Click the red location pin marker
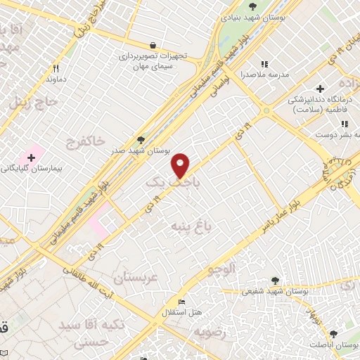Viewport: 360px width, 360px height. pos(181,165)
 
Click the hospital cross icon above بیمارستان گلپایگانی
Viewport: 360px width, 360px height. pos(31,156)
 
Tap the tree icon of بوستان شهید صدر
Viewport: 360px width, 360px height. pos(141,139)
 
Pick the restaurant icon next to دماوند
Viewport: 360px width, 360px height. pos(55,69)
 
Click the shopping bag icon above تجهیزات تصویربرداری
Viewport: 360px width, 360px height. pos(153,43)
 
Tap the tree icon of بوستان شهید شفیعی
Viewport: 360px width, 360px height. pos(275,279)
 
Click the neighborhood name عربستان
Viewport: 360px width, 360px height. pos(142,277)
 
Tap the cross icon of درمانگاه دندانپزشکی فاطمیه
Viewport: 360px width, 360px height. pos(321,89)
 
